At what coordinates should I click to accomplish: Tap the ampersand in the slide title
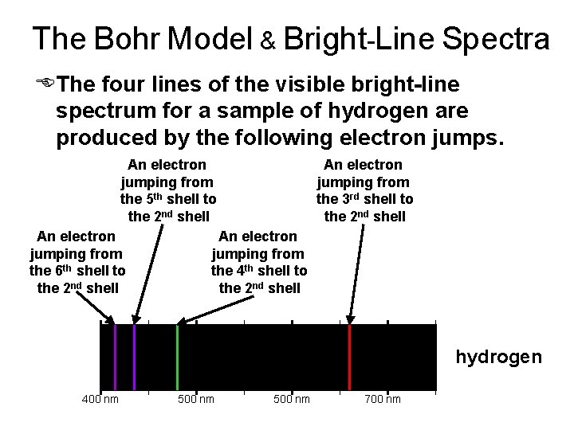[x=269, y=41]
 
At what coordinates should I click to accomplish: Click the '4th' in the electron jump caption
[x=249, y=270]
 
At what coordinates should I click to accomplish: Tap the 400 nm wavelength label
[x=100, y=399]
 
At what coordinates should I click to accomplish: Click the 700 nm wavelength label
[x=383, y=399]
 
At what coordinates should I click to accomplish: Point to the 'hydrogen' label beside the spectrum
[x=498, y=357]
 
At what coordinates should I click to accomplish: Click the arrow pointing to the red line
[x=356, y=271]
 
